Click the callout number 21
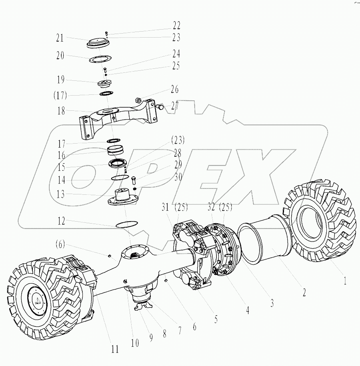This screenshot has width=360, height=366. click(x=60, y=38)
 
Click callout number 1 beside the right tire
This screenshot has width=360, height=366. click(x=345, y=281)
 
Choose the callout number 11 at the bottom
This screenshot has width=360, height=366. click(x=115, y=349)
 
